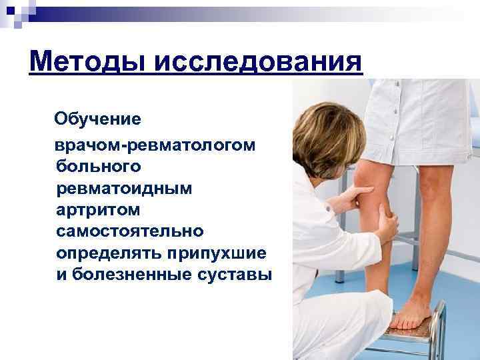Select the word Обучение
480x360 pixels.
click(97, 119)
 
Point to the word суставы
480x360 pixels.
click(234, 274)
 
